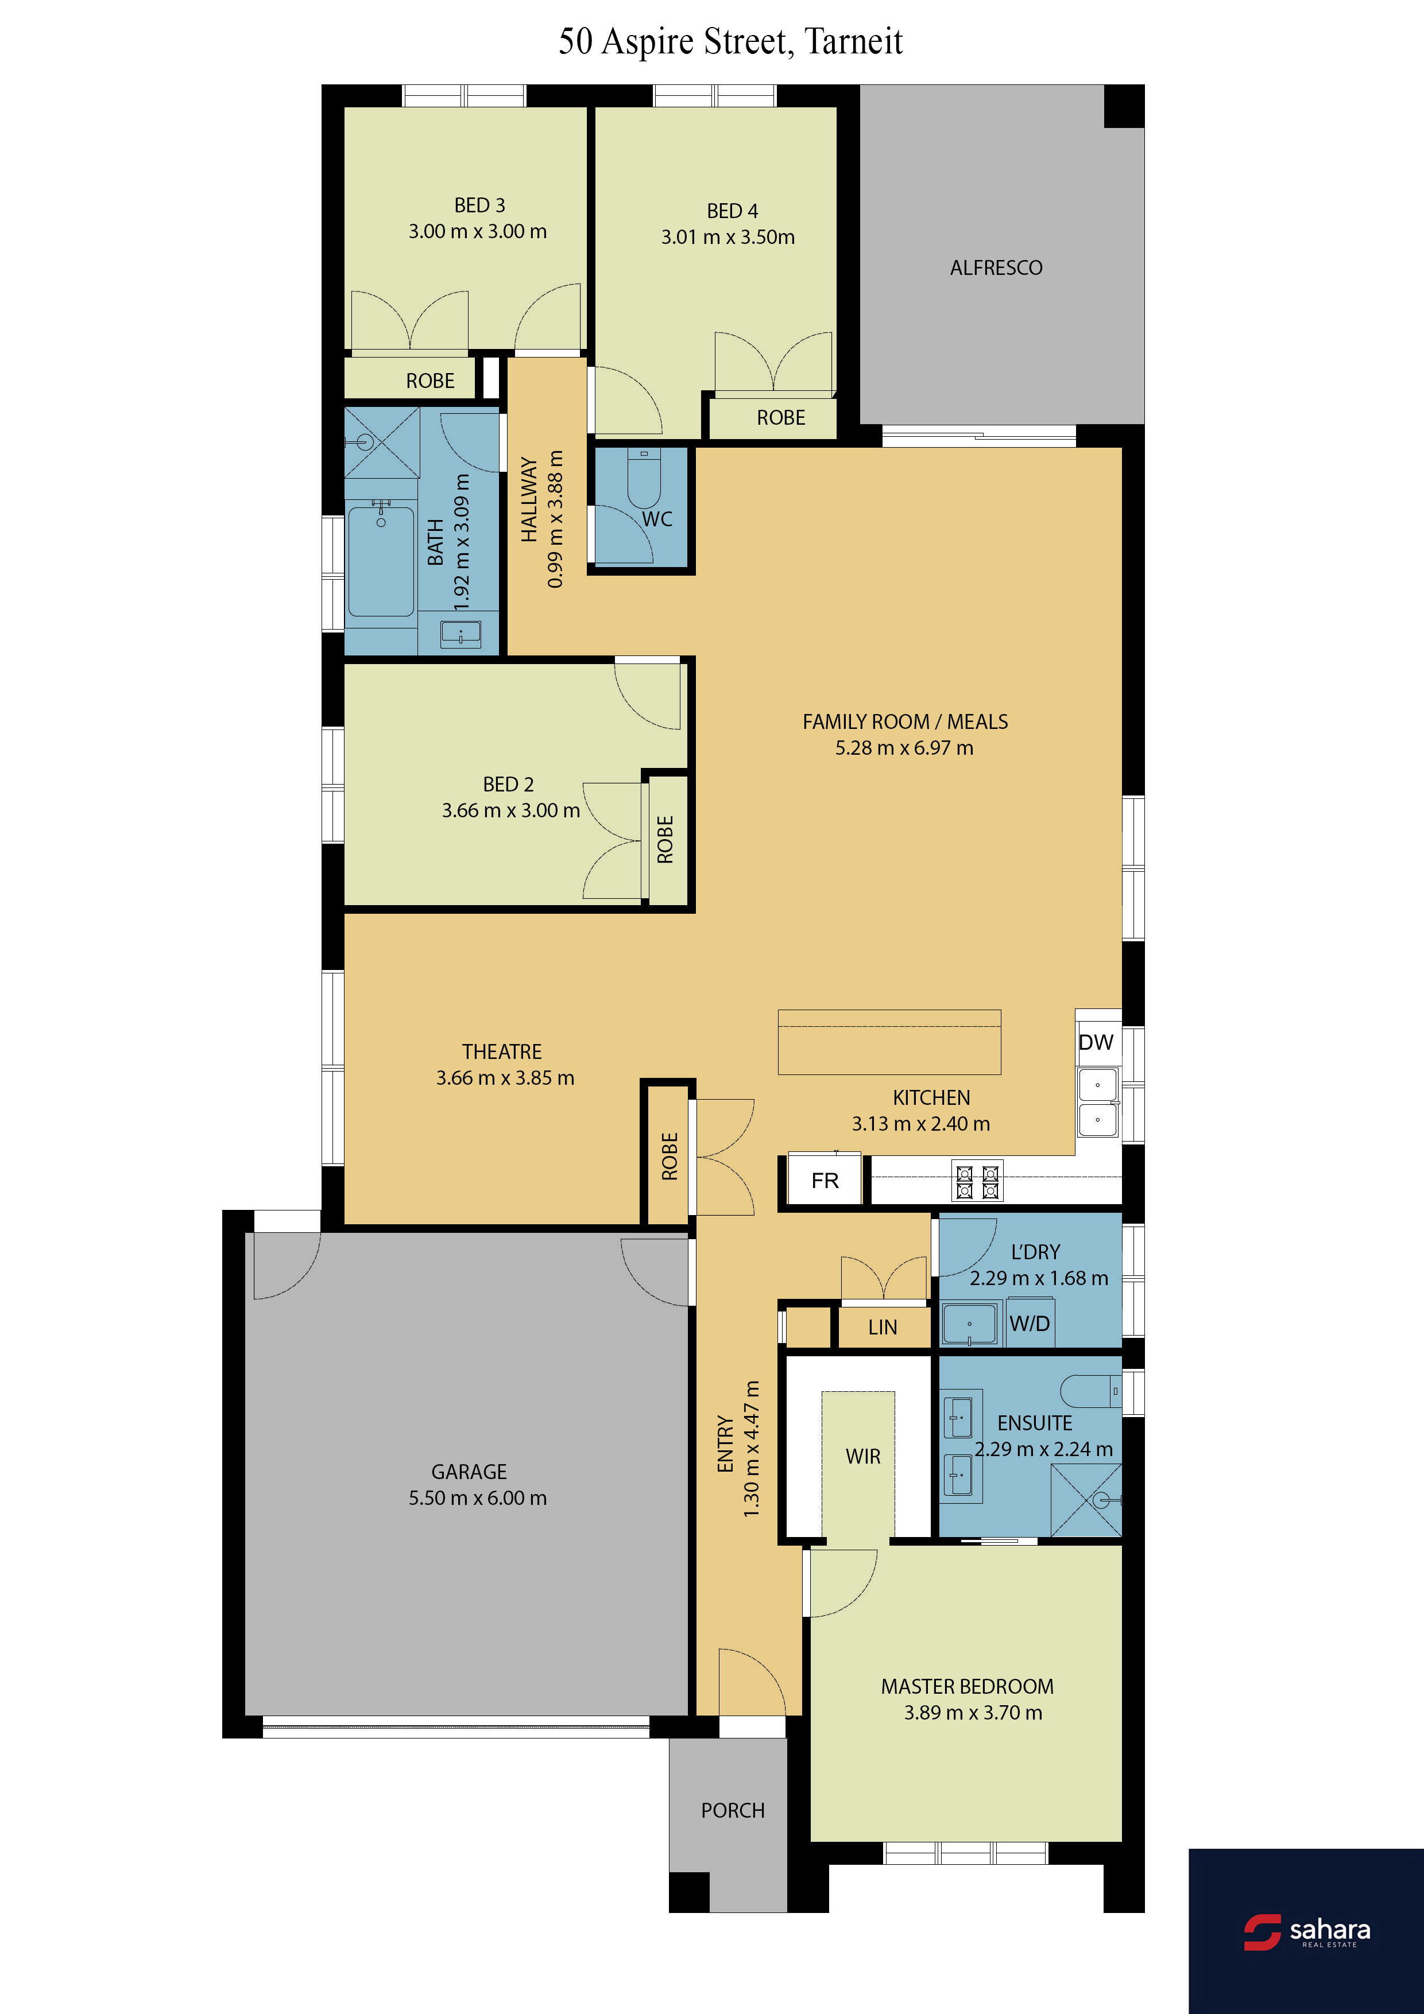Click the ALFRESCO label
[x=996, y=267]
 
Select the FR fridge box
[x=825, y=1181]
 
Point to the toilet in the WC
[x=644, y=478]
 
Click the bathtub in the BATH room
[x=381, y=561]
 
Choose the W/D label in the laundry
[x=1029, y=1324]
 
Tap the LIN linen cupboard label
[x=883, y=1327]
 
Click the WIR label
[x=862, y=1456]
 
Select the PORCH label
[x=733, y=1810]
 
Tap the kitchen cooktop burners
[x=977, y=1182]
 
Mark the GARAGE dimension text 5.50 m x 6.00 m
[x=477, y=1497]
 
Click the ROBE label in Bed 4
[x=781, y=417]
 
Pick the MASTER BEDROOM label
[x=967, y=1686]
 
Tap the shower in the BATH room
[x=382, y=442]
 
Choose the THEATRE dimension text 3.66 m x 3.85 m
[x=505, y=1077]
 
